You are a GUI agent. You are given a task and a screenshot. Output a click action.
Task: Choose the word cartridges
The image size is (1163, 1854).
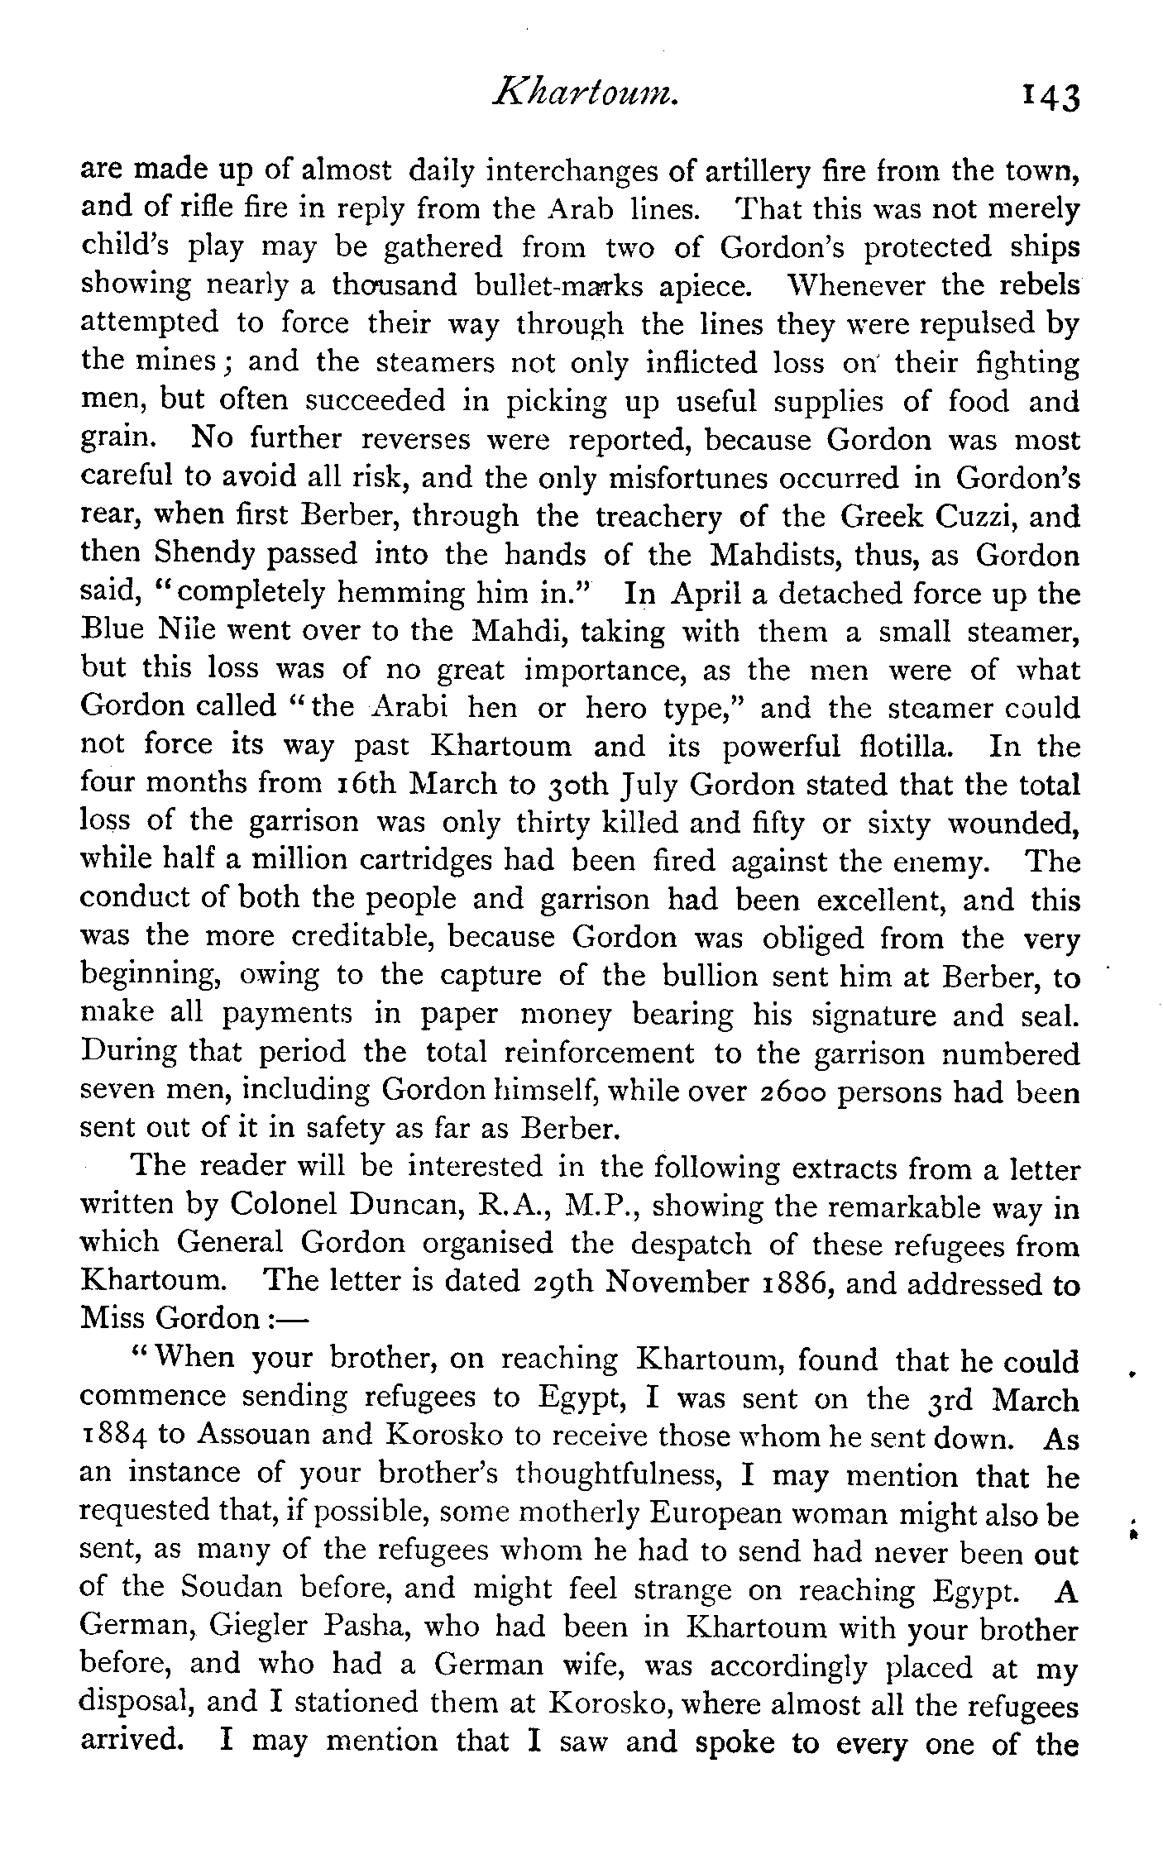coord(457,860)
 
